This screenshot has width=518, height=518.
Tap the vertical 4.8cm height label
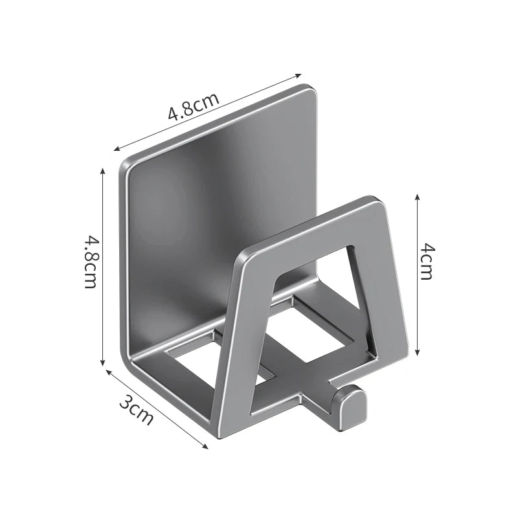[91, 262]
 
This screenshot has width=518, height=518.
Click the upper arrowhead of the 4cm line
[417, 196]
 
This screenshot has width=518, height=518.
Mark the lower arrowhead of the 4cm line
[417, 354]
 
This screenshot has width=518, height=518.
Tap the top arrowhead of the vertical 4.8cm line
[103, 171]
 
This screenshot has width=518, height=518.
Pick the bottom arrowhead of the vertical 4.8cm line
[103, 363]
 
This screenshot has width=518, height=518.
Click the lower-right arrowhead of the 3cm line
[205, 447]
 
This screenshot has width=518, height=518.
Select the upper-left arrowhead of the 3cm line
[108, 372]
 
